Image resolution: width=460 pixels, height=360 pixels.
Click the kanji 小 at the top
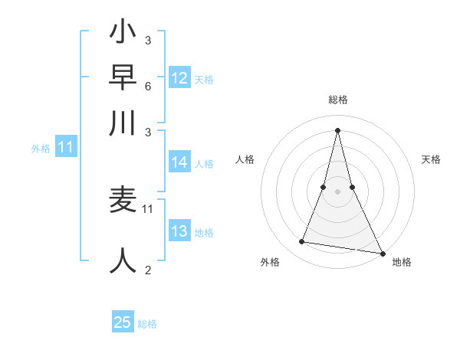pos(123,34)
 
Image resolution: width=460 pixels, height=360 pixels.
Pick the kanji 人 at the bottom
pos(123,260)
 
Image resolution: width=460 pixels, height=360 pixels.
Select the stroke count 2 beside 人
pos(147,270)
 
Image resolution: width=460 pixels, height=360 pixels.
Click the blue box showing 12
pos(179,78)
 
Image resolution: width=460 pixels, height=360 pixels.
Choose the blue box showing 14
pos(179,162)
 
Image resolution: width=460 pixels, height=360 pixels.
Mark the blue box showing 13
pos(179,232)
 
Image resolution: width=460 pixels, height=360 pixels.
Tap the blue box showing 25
pos(123,322)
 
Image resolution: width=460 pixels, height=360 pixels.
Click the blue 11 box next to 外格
pos(65,148)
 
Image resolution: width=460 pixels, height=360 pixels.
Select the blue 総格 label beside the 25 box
pos(147,324)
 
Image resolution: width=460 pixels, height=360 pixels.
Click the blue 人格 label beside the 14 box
pos(204,163)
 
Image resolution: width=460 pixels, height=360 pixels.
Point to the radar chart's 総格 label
pos(338,100)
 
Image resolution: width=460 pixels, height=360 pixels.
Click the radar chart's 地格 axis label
pos(402,262)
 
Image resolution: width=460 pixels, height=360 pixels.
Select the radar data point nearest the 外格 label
pos(301,242)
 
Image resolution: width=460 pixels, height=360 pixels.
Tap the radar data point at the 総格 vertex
pos(338,129)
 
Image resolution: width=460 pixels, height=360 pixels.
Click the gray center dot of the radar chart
pos(338,191)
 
